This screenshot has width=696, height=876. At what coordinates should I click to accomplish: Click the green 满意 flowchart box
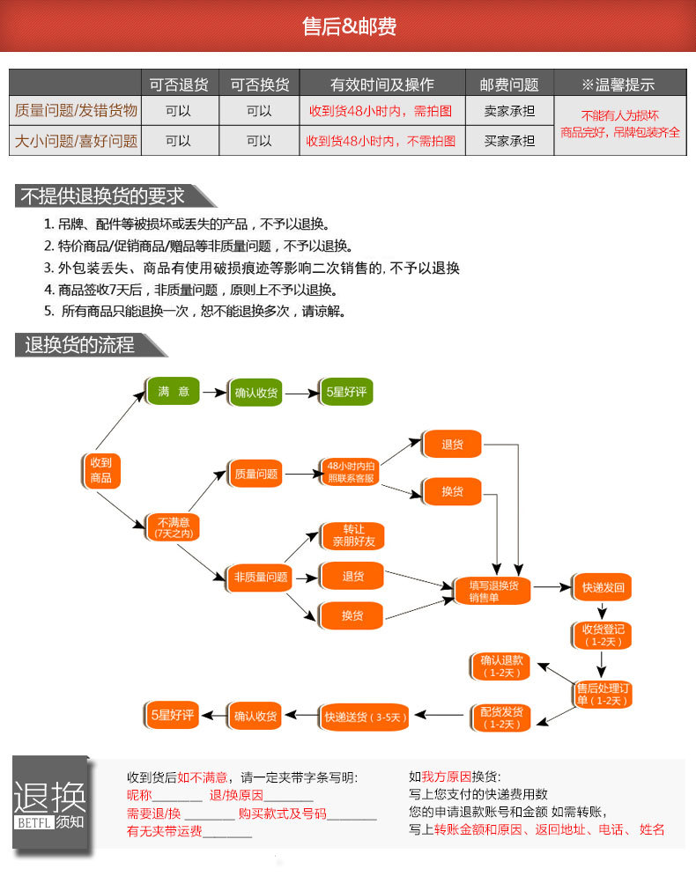pos(174,391)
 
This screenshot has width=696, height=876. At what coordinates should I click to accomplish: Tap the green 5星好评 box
pos(346,392)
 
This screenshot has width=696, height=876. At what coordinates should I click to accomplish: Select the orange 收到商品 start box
pos(101,470)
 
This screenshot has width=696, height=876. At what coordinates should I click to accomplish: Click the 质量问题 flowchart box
pos(255,474)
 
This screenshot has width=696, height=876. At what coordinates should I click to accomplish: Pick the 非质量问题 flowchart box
pos(261,578)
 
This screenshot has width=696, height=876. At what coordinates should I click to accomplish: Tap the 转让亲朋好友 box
pos(353,536)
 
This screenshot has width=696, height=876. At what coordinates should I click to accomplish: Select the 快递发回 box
pos(603,587)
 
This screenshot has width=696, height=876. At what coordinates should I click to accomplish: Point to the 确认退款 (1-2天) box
pos(501,666)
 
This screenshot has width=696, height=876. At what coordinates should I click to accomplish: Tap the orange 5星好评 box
pos(172,715)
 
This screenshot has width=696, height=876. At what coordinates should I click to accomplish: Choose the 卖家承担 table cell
pos(509,111)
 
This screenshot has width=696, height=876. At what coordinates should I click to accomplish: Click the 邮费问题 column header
pos(509,85)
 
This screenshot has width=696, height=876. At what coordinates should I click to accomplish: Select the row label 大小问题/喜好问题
pos(76,141)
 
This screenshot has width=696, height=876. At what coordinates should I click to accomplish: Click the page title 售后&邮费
pos(349,26)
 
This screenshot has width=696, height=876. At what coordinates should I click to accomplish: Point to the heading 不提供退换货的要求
pos(102,196)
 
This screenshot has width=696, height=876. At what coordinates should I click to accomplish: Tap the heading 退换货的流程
pos(79,345)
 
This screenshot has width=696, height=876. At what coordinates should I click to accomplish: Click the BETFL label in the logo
pos(34,822)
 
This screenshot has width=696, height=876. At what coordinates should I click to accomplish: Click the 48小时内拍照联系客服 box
pos(351,472)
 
